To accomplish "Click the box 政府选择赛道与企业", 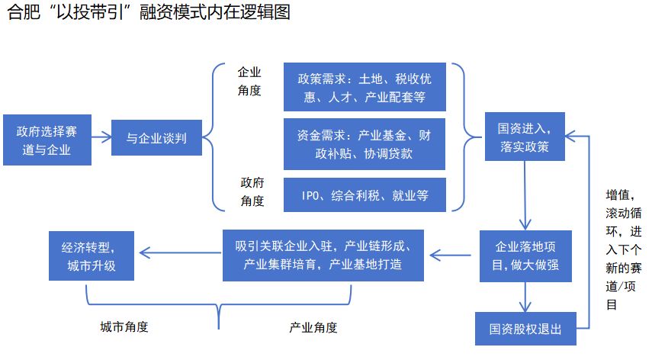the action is [47, 140].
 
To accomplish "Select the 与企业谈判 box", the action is [156, 137].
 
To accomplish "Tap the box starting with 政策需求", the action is [365, 87].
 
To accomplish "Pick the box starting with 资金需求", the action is [365, 144].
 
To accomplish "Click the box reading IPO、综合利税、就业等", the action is [365, 195].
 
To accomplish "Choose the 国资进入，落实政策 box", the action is [525, 137].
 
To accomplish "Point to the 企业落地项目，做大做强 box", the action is [525, 256].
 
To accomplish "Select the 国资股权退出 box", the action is [525, 329].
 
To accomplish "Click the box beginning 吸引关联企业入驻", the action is [323, 256].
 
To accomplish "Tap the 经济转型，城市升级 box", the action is [92, 256].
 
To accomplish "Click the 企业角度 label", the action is [249, 81].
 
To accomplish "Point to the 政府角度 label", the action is [252, 191].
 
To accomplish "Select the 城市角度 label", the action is [124, 327].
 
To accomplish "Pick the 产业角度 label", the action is [313, 327].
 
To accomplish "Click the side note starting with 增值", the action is [623, 249].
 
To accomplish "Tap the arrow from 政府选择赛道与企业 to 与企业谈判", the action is [101, 137].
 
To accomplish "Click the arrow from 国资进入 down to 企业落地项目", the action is [525, 195].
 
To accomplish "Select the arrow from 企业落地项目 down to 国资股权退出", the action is [525, 297].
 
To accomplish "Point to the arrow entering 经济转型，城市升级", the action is [180, 252].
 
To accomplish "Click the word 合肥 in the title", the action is [24, 11].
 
